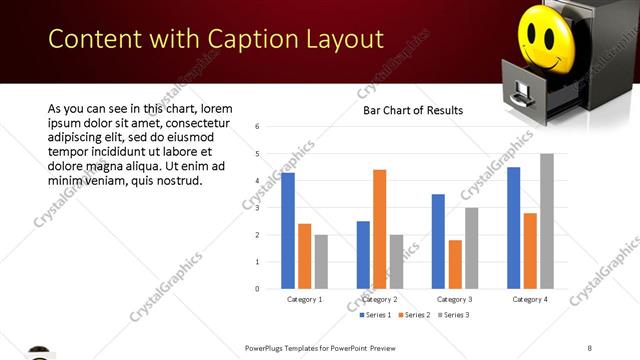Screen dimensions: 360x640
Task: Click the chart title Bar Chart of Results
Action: pos(413,110)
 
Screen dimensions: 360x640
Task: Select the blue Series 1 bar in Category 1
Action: pos(288,231)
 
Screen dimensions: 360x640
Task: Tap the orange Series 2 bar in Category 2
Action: pos(379,229)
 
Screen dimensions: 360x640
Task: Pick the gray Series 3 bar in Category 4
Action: pos(546,221)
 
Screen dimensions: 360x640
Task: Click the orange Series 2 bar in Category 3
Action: pos(455,264)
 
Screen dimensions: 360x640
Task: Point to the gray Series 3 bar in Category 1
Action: pos(320,262)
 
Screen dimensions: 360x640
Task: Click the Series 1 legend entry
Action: pos(376,315)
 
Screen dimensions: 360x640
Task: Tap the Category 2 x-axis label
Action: pos(379,299)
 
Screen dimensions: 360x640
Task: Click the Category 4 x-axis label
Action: pos(529,299)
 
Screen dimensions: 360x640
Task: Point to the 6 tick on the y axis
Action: pos(258,127)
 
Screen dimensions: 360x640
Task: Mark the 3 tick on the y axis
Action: pos(258,208)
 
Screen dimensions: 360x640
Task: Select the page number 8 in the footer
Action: pos(590,348)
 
